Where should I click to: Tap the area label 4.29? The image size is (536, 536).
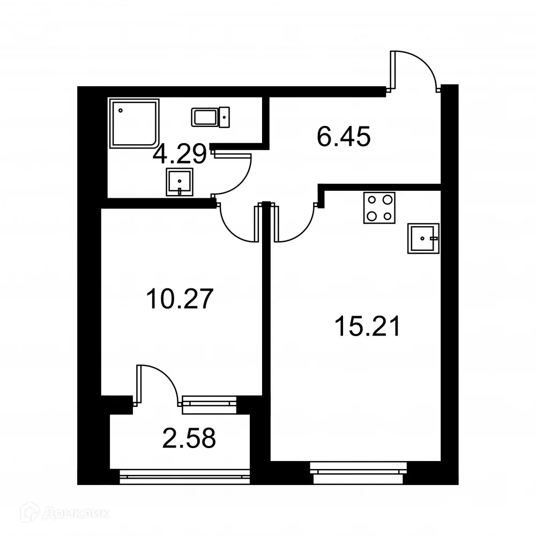[180, 155]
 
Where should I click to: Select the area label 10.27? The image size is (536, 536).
[180, 298]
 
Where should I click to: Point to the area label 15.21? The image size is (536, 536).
[367, 326]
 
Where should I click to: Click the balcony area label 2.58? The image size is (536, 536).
[189, 438]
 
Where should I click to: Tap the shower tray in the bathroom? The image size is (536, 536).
[134, 123]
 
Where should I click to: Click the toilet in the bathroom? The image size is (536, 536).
[211, 116]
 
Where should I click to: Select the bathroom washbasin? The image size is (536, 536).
[180, 182]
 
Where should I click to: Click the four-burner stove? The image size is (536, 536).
[379, 207]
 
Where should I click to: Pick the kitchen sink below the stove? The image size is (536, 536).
[423, 238]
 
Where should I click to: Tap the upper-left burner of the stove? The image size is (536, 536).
[371, 199]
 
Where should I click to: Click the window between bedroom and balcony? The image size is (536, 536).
[209, 405]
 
